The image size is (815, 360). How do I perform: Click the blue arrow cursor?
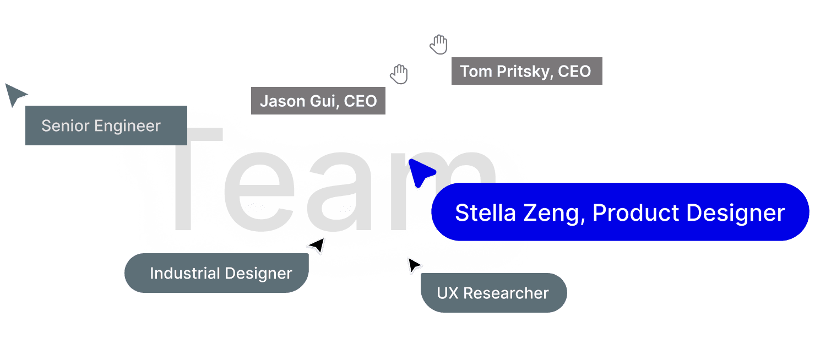[x=421, y=172]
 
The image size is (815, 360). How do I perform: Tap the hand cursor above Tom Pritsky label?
[x=439, y=45]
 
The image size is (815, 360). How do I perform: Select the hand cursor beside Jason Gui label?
[x=399, y=74]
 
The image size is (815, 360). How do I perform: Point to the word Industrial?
[x=184, y=273]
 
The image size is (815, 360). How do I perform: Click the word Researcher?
[x=506, y=293]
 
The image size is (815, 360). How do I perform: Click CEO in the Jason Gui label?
[x=361, y=101]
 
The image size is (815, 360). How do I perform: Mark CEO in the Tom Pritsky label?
[x=574, y=72]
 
